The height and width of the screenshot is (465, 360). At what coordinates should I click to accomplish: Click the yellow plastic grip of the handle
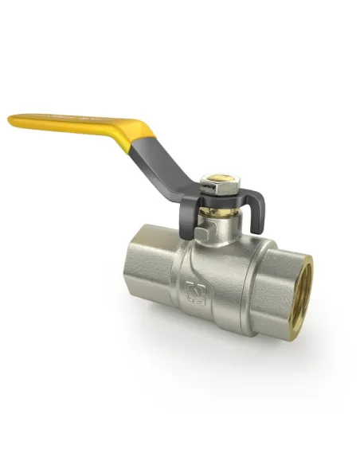tap(80, 123)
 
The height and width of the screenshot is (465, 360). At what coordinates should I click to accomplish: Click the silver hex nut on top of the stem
tap(213, 185)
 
